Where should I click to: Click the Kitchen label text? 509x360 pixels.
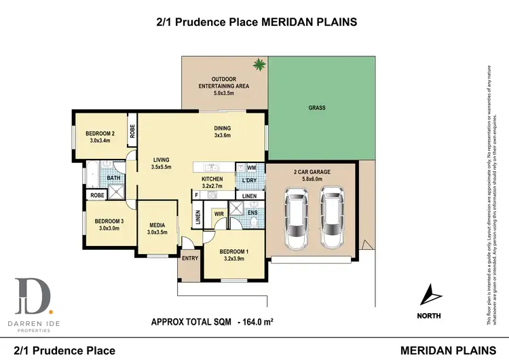(212, 179)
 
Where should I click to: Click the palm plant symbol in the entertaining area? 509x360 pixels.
(258, 65)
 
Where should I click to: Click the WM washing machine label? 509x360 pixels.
(251, 167)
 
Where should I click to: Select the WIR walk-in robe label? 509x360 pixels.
(219, 214)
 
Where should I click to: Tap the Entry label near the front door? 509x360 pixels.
(189, 259)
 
